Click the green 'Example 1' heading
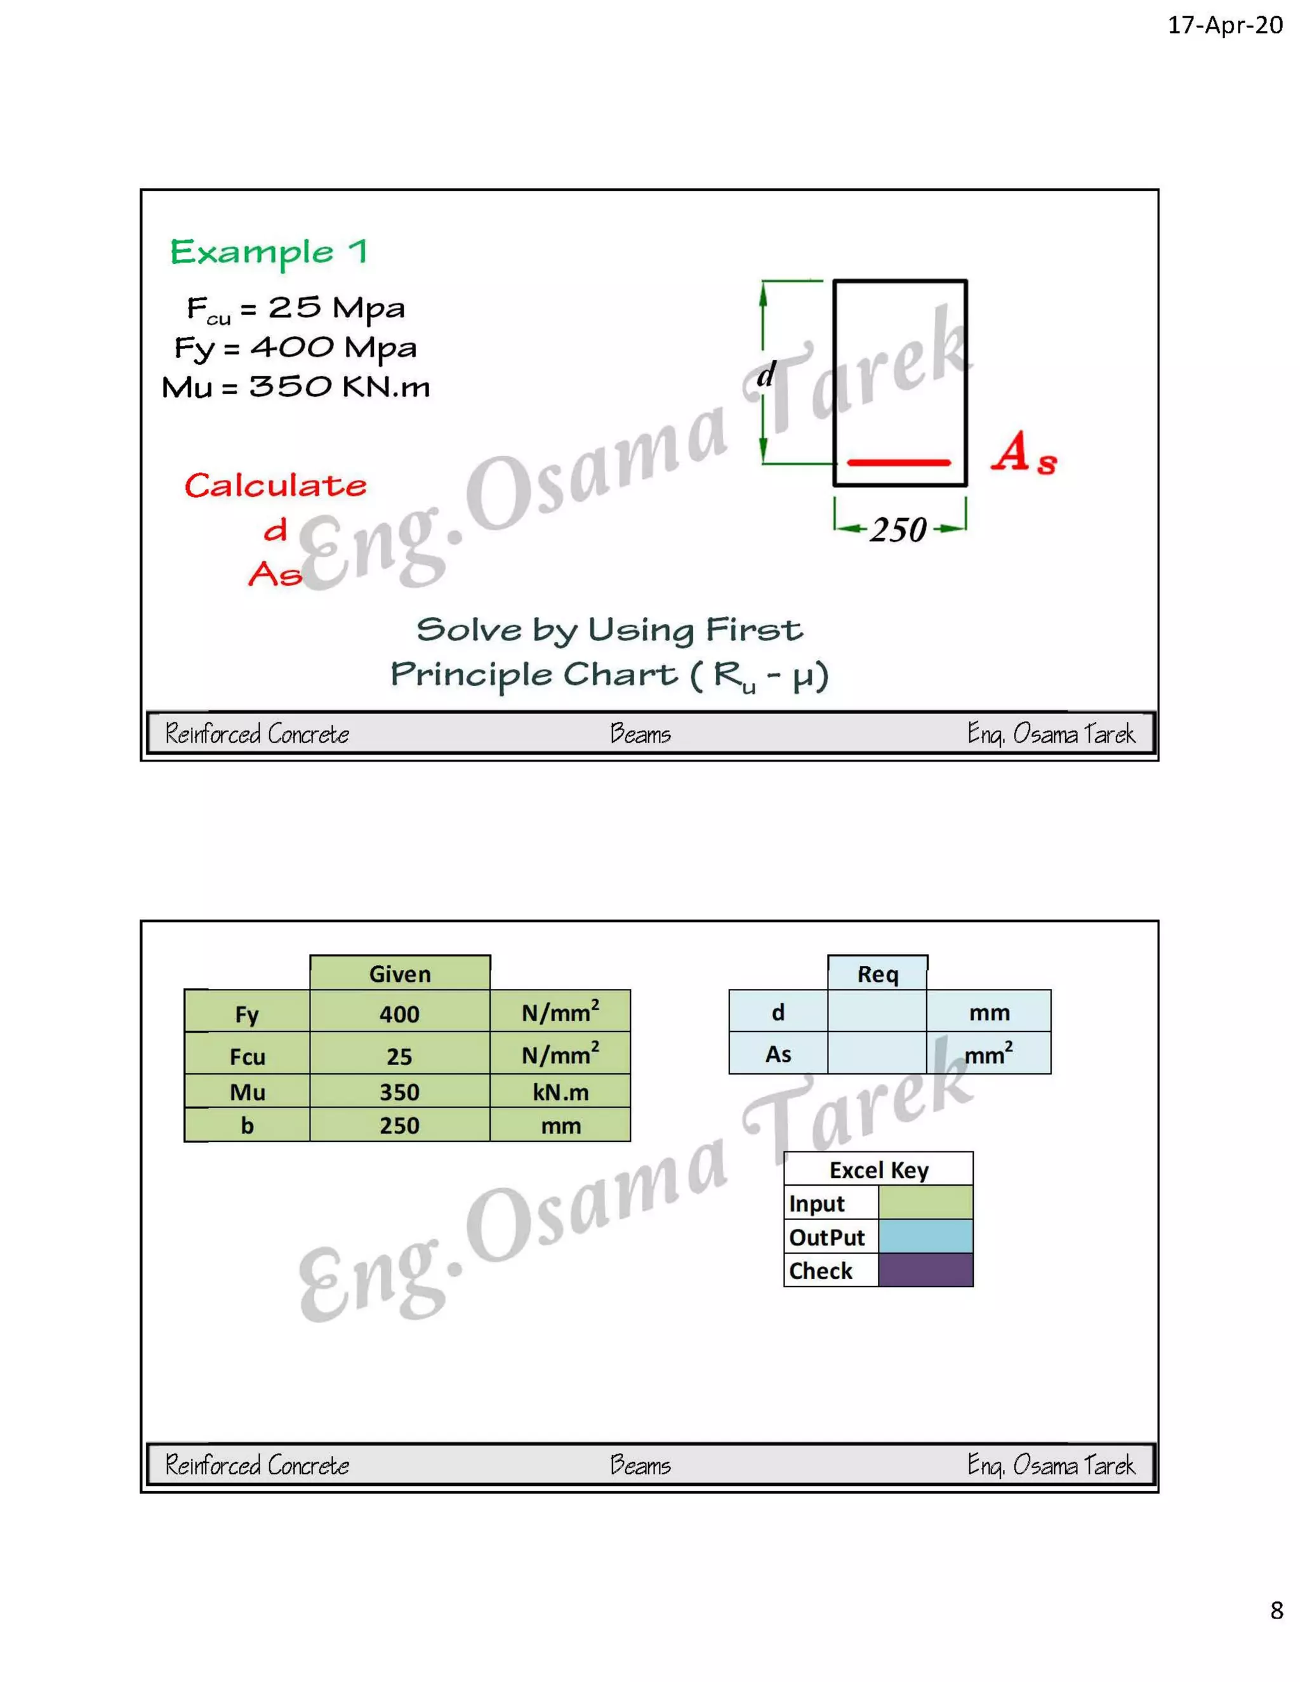point(269,252)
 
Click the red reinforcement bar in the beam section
point(899,463)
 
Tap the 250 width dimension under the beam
point(898,530)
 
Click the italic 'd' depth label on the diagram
point(766,375)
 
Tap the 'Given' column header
point(400,974)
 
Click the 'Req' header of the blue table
point(877,974)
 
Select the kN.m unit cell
point(560,1092)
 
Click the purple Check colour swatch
point(925,1270)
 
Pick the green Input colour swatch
point(925,1203)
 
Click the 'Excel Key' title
point(879,1170)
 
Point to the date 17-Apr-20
point(1224,25)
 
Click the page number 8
point(1276,1610)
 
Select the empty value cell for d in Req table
point(877,1011)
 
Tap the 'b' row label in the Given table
point(247,1125)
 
